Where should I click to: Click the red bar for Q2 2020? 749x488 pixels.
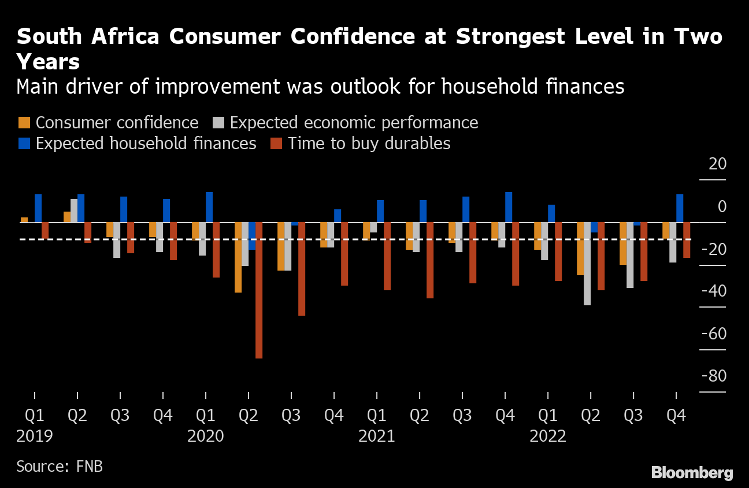point(259,290)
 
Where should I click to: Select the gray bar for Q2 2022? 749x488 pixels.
point(587,264)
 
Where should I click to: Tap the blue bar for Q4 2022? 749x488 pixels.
point(680,208)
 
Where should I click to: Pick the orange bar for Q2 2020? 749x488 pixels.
point(238,257)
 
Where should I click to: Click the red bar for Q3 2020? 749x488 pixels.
point(302,269)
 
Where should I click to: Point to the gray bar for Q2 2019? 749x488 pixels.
point(74,210)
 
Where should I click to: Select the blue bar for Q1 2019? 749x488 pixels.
point(38,208)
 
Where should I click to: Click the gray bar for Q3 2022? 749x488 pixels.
point(630,255)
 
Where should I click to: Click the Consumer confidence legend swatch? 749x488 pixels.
point(24,123)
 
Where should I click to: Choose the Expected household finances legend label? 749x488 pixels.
point(146,143)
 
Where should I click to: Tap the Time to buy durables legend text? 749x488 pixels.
point(369,143)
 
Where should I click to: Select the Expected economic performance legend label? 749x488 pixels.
point(354,123)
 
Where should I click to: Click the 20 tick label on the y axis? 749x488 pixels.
point(717,164)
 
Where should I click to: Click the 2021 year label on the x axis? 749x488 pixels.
point(377,435)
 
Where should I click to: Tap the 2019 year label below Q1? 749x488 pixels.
point(35,435)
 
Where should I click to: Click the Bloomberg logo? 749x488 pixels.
point(692,472)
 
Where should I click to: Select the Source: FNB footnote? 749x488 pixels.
point(60,466)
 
